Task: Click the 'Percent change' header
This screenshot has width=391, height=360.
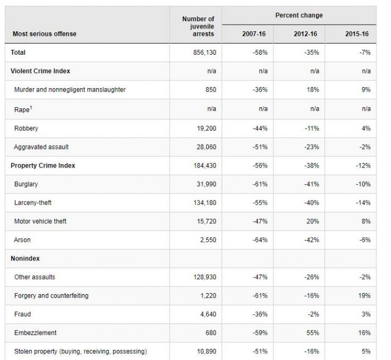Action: (x=299, y=16)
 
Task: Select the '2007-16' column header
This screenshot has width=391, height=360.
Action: (x=254, y=34)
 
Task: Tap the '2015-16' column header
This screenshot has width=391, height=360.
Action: (x=357, y=34)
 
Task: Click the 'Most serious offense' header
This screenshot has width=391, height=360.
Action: (x=45, y=34)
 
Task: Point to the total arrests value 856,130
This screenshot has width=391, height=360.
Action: (x=205, y=52)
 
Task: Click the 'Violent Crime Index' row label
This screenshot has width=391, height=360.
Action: (x=40, y=71)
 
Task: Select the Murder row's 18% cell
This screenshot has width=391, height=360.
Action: (x=313, y=90)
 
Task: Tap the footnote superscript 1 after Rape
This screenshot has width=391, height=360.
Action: (x=31, y=107)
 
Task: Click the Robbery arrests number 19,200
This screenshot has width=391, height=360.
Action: (x=207, y=128)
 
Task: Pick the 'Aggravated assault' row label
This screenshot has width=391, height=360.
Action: (x=41, y=147)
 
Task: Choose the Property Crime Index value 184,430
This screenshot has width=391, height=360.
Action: (x=205, y=166)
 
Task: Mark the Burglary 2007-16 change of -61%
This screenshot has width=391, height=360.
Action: (x=260, y=184)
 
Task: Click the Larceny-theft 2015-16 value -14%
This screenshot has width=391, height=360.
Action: (x=363, y=203)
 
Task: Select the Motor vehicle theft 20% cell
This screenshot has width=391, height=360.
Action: (x=313, y=221)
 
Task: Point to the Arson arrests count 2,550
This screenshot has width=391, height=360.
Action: (x=208, y=240)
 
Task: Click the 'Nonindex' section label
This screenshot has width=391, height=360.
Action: (x=25, y=258)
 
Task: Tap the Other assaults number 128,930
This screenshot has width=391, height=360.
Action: (x=205, y=277)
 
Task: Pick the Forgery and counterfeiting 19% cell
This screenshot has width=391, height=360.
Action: (x=364, y=296)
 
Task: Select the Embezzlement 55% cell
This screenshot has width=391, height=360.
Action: (x=313, y=333)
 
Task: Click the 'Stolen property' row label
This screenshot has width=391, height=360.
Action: (x=36, y=352)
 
